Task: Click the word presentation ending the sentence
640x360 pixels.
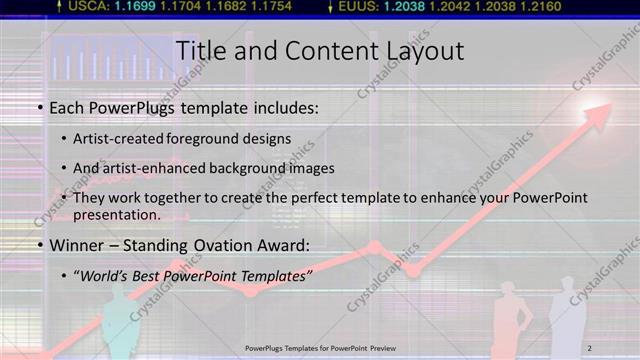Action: pos(116,214)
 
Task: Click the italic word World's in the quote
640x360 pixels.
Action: pos(104,276)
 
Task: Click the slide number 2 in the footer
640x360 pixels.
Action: pos(590,347)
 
